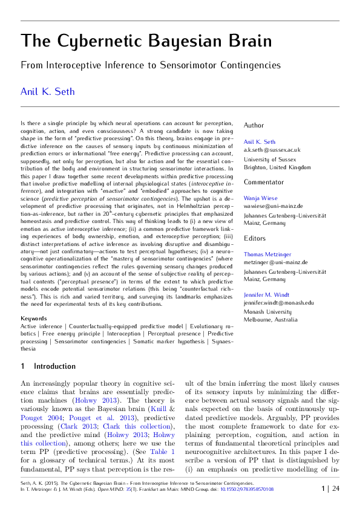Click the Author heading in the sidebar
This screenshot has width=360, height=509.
(254, 125)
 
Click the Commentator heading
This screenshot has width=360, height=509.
(264, 182)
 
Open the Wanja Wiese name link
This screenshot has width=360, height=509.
(261, 198)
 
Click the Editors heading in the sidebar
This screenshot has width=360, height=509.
(254, 239)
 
